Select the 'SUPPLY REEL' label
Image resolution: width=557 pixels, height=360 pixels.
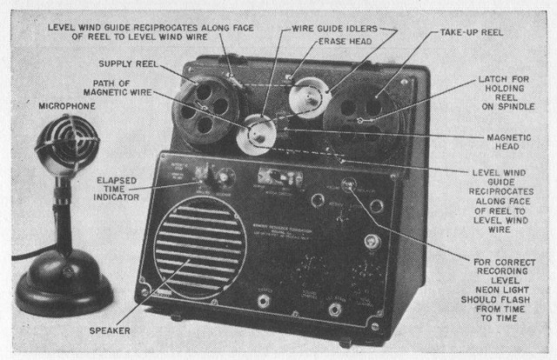pos(127,63)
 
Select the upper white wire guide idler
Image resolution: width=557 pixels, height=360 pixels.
pos(306,94)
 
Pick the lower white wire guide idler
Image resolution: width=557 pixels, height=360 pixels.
pos(257,135)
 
